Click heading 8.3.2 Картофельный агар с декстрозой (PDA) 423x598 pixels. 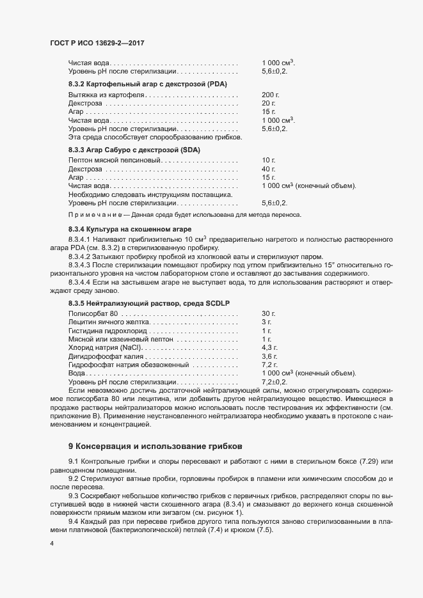click(x=148, y=84)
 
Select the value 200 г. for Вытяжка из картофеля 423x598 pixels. click(x=271, y=95)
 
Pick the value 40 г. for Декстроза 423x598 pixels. click(x=268, y=168)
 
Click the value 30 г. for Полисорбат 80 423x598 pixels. click(x=268, y=313)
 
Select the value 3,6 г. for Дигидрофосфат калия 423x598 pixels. click(x=270, y=356)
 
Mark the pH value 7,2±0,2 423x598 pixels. click(x=275, y=381)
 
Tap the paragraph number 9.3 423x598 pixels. click(x=74, y=496)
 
